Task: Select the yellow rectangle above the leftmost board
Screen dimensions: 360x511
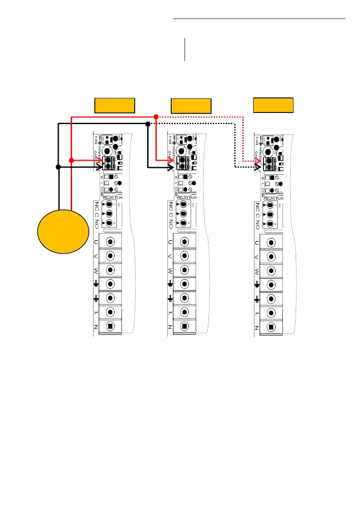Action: point(115,105)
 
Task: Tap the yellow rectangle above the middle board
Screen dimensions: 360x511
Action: point(191,106)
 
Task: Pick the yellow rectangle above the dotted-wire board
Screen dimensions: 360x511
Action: point(273,105)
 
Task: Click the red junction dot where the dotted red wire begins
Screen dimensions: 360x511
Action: point(156,116)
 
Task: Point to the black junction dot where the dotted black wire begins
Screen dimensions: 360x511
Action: point(148,124)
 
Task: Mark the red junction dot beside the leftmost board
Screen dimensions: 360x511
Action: point(71,160)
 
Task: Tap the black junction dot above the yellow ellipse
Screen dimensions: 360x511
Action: point(58,167)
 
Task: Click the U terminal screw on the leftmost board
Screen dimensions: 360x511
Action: point(110,242)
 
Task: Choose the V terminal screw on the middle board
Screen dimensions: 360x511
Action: point(185,256)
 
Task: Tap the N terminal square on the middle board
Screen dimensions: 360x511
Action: point(184,326)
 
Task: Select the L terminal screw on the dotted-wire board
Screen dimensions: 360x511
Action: point(271,313)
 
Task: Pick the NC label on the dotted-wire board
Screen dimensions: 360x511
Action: point(257,206)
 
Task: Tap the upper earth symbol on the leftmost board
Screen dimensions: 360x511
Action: point(96,284)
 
